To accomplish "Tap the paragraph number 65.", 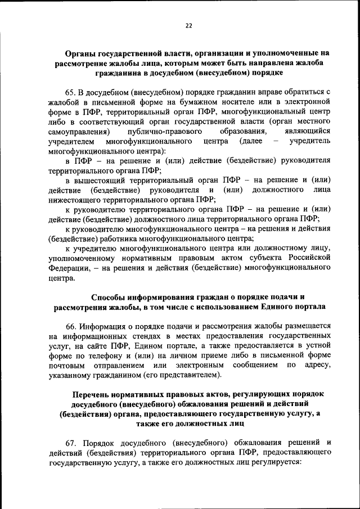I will pos(71,91).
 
